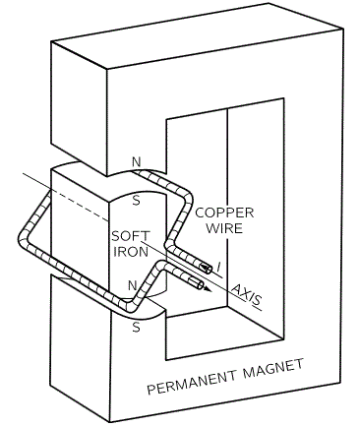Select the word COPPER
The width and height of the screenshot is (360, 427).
(224, 213)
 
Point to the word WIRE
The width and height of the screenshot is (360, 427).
(224, 228)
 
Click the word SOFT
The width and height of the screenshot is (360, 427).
(131, 236)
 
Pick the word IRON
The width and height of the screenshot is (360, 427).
(131, 252)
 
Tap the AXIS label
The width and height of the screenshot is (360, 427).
(246, 293)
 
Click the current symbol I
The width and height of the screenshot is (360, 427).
(218, 268)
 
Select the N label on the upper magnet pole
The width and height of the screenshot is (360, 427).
(136, 161)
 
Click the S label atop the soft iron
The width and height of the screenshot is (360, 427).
(136, 201)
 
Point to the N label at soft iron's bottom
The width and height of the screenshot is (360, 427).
(132, 285)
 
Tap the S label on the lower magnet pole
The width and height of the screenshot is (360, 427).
(136, 327)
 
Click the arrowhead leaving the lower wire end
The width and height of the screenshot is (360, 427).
(208, 288)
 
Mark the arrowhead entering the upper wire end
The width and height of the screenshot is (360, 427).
(206, 268)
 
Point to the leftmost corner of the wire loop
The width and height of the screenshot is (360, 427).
(22, 238)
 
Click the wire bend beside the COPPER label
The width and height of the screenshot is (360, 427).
(188, 198)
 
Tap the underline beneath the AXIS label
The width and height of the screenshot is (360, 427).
(257, 307)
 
